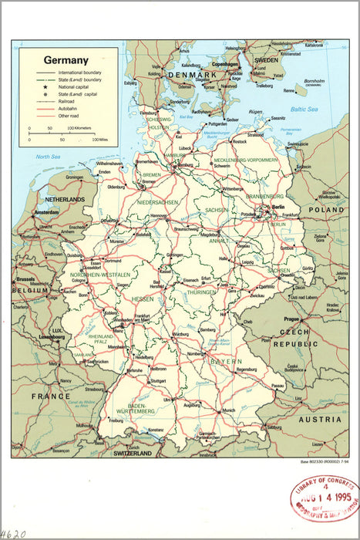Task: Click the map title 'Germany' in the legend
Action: pos(66,59)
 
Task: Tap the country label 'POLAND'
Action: pos(327,210)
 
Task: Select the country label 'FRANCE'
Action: pos(51,396)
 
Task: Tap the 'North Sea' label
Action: pos(47,157)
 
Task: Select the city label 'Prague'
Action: pos(291,319)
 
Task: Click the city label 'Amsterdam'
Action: pos(46,211)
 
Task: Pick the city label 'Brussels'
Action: pos(25,279)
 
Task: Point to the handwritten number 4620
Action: pos(14,533)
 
